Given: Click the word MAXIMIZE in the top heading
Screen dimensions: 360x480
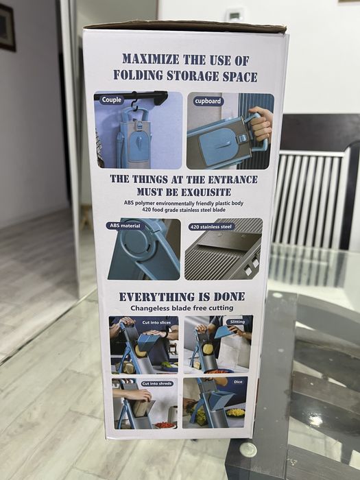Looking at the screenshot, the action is click(x=151, y=59).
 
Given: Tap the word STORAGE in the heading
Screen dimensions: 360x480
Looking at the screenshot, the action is click(x=193, y=75).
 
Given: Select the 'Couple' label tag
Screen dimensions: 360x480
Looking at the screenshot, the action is click(x=111, y=99).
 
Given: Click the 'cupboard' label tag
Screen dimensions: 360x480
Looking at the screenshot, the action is click(x=208, y=101).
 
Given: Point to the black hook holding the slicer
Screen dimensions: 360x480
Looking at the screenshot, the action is click(x=134, y=103).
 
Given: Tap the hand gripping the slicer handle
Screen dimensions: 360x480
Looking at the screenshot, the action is click(x=261, y=123).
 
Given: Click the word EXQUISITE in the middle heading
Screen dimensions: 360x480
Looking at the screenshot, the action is click(x=206, y=192).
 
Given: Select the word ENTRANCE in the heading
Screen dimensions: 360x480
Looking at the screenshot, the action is click(x=232, y=180).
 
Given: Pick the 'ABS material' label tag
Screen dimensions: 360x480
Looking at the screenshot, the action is click(x=125, y=226).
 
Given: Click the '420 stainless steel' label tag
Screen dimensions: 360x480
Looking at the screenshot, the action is click(x=211, y=227).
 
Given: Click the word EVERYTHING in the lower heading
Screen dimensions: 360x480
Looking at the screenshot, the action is click(x=157, y=297).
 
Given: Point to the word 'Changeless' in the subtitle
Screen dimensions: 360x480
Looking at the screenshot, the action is click(x=150, y=308).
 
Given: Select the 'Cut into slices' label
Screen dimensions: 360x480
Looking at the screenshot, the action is click(x=156, y=322).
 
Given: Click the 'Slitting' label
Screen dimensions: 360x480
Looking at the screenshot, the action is click(x=237, y=322).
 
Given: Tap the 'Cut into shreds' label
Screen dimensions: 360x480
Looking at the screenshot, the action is click(x=157, y=383).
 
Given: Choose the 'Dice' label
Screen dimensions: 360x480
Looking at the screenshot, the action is click(x=238, y=382).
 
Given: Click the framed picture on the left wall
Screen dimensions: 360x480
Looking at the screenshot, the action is click(x=8, y=27).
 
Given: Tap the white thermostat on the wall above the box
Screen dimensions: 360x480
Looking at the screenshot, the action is click(x=234, y=15).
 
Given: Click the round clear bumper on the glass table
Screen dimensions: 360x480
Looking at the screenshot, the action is click(x=248, y=450).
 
